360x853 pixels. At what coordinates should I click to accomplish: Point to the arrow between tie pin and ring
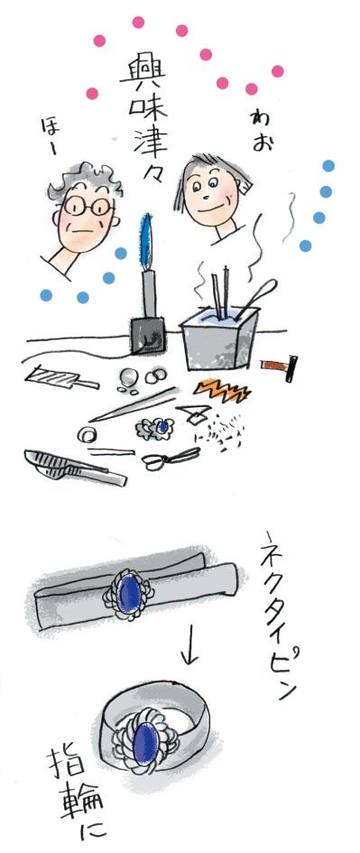click(189, 651)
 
